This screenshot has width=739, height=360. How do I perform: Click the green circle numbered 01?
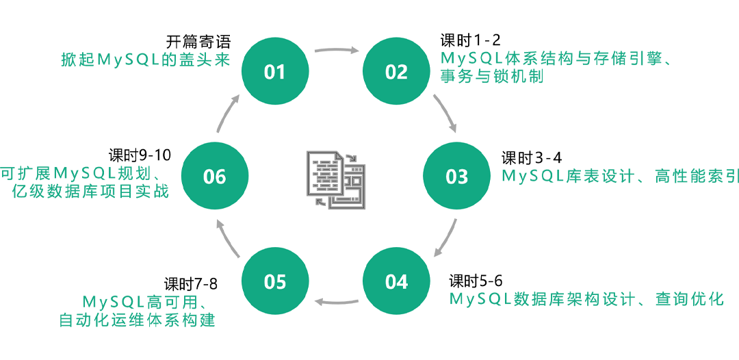tap(274, 72)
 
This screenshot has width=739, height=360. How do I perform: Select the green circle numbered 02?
tap(396, 72)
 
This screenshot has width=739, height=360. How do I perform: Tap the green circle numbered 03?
tap(456, 177)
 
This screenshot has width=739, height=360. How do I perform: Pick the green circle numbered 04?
tap(396, 281)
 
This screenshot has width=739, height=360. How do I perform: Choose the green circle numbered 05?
tap(274, 281)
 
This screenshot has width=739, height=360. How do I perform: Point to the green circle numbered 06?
tap(214, 177)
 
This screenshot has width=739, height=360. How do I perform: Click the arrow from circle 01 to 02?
tap(336, 49)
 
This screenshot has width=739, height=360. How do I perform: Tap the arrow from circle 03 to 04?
tap(445, 239)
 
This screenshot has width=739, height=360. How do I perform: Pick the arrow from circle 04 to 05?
tap(336, 301)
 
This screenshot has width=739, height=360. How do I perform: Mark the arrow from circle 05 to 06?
tap(226, 238)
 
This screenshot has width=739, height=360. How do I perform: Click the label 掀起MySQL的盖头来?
tap(145, 60)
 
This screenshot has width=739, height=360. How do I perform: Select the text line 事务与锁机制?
tap(492, 77)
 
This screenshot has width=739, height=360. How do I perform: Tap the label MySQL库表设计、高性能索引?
tap(620, 177)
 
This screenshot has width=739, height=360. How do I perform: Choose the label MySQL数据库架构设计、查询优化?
tap(586, 299)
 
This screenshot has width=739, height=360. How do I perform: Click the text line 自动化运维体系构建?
tap(137, 320)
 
